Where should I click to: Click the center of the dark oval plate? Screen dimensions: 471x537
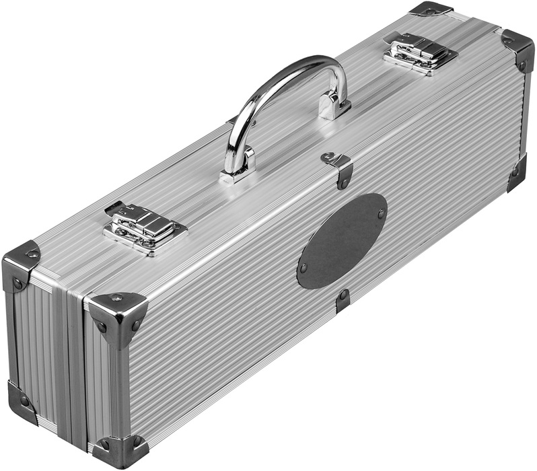342,241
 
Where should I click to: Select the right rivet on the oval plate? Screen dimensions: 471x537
381,215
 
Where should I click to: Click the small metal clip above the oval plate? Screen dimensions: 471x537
338,164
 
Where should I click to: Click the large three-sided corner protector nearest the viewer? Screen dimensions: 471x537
118,316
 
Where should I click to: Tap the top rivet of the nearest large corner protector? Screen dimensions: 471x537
118,297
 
